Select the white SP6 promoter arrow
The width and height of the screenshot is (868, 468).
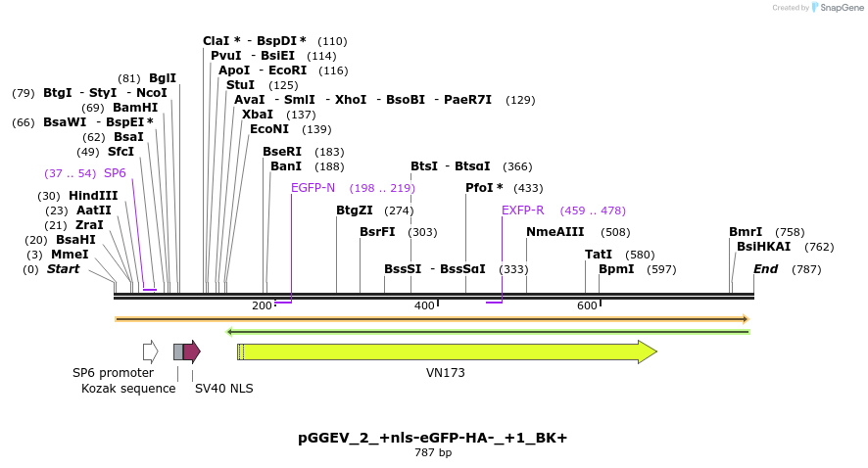point(150,351)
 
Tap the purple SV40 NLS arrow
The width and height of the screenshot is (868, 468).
point(192,351)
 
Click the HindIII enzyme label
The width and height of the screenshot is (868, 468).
point(92,196)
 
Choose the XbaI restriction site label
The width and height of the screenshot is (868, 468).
point(258,115)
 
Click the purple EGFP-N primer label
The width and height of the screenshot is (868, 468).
point(313,188)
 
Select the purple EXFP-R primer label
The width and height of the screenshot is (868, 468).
point(522,211)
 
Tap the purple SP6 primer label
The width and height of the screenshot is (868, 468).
point(115,173)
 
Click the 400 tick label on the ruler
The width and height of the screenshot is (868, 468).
point(424,306)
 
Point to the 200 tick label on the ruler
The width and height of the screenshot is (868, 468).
point(262,306)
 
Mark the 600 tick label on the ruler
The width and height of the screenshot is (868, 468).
point(587,306)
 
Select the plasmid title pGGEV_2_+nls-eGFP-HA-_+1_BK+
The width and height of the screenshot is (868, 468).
point(432,438)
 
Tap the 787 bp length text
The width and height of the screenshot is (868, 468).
point(433,453)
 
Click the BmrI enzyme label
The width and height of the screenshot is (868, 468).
point(746,232)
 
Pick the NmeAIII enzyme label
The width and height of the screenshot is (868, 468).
point(555,232)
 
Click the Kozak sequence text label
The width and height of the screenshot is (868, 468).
point(128,389)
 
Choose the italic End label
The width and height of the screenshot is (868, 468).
point(766,269)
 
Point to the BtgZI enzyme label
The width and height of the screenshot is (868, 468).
point(355,211)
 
